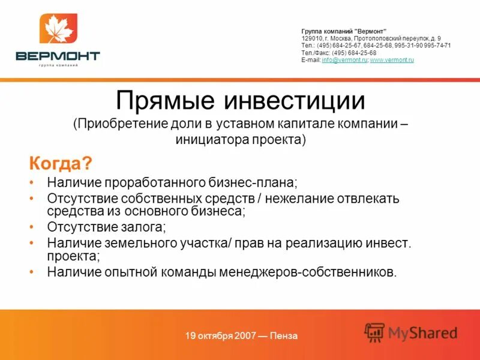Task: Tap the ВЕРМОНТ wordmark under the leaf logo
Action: [x=58, y=56]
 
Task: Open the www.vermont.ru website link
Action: [x=392, y=60]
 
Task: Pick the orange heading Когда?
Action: [x=61, y=163]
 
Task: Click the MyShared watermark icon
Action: [x=374, y=332]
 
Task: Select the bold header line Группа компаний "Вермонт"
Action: [x=344, y=31]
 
